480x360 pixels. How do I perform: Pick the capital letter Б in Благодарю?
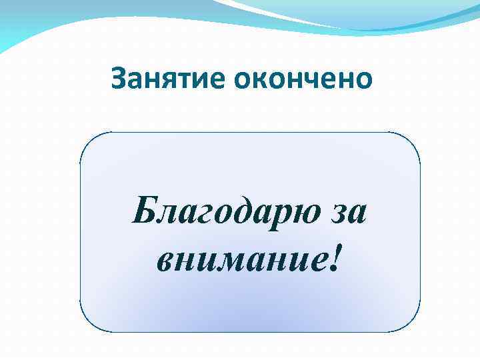pyautogui.click(x=144, y=211)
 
